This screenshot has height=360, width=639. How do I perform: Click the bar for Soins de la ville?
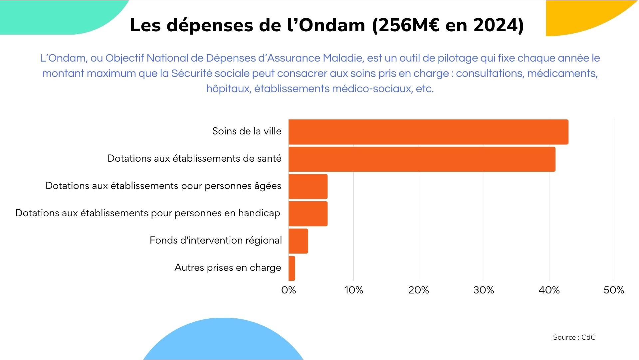click(x=428, y=132)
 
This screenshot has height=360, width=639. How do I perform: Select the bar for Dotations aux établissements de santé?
click(x=422, y=159)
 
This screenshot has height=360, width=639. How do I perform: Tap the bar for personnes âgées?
click(x=308, y=187)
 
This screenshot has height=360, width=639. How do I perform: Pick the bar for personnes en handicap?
click(x=308, y=214)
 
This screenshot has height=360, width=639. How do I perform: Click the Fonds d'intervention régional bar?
click(x=298, y=241)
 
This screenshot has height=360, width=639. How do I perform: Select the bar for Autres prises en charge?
click(x=292, y=269)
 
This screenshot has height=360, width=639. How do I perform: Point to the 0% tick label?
click(x=289, y=290)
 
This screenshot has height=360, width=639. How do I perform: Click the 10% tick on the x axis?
click(x=354, y=290)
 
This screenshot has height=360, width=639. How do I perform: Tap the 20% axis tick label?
click(x=419, y=290)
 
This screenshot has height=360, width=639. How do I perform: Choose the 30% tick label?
click(x=484, y=290)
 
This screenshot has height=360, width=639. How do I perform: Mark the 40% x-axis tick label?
click(x=549, y=290)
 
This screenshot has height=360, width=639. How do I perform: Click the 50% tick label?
click(x=614, y=290)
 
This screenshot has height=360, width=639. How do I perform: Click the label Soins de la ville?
click(x=247, y=131)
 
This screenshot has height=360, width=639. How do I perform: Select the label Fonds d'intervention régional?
click(x=216, y=240)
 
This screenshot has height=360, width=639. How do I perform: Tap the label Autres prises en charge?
click(x=228, y=268)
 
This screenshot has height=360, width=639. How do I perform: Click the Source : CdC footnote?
click(x=574, y=337)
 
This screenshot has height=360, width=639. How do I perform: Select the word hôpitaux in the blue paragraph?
click(x=228, y=89)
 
